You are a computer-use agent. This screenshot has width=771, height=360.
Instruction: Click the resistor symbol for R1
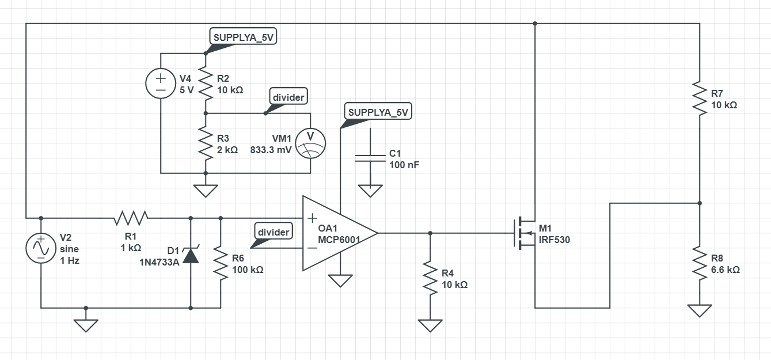click(x=131, y=218)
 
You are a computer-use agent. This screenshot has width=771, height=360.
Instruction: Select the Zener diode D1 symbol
click(x=191, y=255)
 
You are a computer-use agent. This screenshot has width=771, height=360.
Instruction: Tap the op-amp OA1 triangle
click(x=337, y=233)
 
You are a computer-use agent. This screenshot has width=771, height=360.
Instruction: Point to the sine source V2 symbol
click(x=41, y=248)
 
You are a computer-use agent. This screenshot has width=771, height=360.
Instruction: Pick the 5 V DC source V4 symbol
click(x=160, y=84)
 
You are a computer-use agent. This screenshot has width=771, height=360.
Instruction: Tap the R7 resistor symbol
click(x=699, y=98)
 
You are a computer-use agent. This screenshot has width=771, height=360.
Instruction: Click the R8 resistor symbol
click(x=699, y=263)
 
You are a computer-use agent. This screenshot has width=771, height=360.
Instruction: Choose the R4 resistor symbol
click(x=430, y=277)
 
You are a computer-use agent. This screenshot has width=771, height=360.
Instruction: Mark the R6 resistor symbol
click(x=221, y=263)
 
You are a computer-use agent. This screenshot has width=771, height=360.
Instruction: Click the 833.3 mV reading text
click(x=271, y=149)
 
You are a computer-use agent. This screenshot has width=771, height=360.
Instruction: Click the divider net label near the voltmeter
click(x=288, y=97)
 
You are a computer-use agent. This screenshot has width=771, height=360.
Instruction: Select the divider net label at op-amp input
click(x=274, y=232)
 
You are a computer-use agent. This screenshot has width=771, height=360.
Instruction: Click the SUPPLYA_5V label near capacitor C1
click(x=378, y=112)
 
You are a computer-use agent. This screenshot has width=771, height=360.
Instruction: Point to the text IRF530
click(x=554, y=240)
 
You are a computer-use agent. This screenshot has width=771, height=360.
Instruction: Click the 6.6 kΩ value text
click(x=725, y=269)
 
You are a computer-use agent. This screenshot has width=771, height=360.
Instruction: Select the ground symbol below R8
click(x=699, y=310)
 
